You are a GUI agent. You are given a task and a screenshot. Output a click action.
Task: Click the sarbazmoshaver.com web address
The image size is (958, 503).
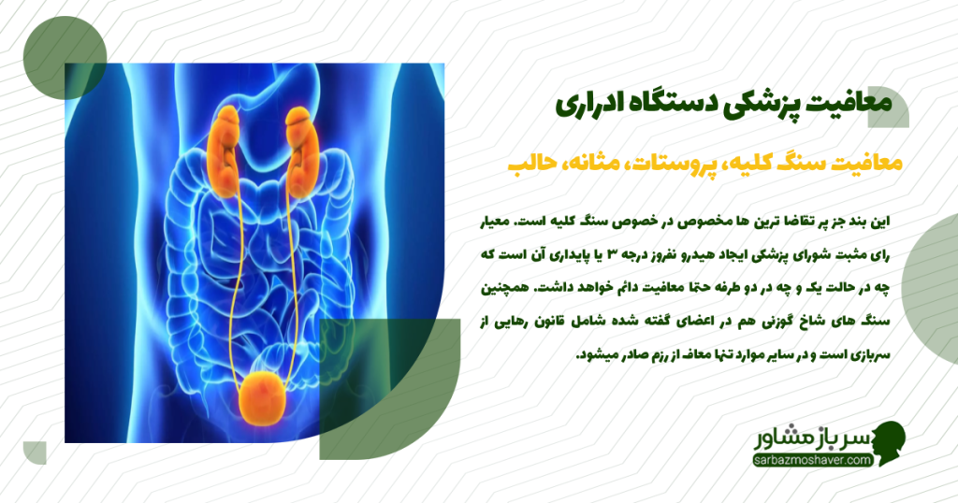click(810, 460)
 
